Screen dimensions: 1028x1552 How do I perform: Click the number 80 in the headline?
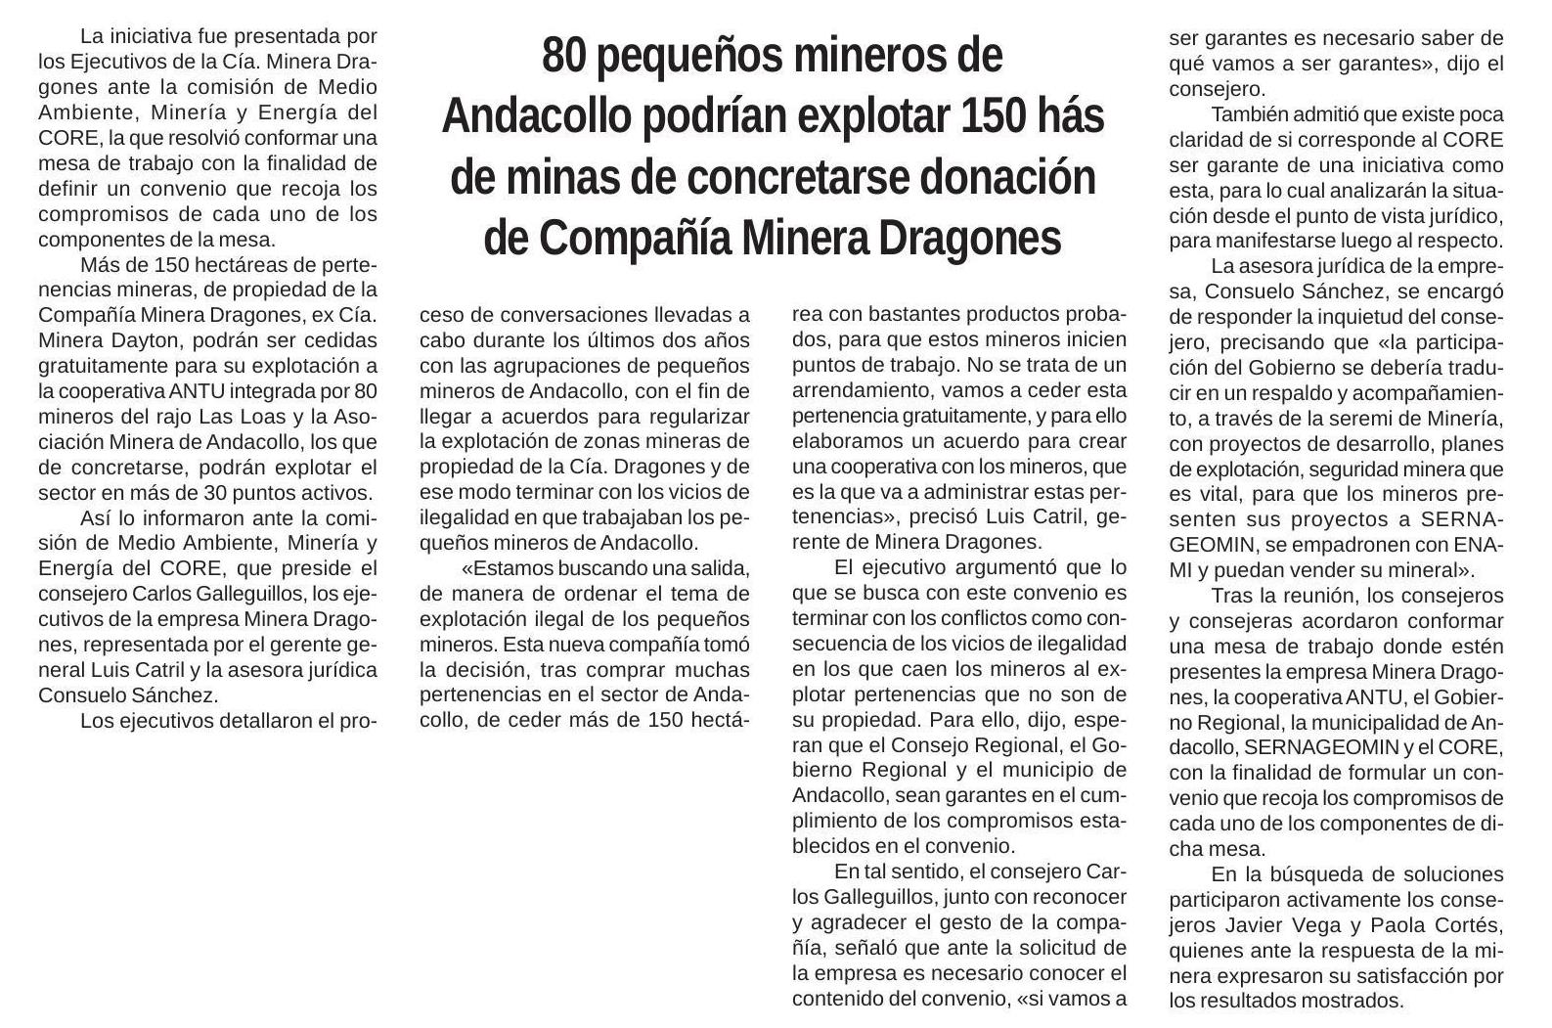562,56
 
